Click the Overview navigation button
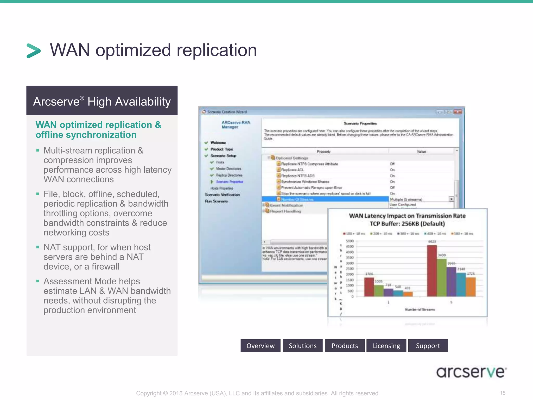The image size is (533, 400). (x=260, y=346)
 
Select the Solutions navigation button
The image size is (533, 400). (x=302, y=346)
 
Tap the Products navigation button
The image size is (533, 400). (x=345, y=346)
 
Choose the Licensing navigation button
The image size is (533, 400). (x=386, y=346)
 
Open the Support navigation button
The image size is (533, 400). (x=428, y=346)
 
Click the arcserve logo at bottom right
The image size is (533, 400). (x=471, y=372)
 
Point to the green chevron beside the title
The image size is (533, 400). (x=34, y=51)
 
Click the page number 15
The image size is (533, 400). (x=503, y=393)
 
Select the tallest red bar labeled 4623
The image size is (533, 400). (x=432, y=271)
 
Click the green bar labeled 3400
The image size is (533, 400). (x=442, y=278)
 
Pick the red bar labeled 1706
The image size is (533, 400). (x=369, y=287)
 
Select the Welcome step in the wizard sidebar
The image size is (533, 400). (x=218, y=143)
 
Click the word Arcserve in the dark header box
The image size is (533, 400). (x=56, y=102)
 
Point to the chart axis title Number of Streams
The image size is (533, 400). (x=420, y=310)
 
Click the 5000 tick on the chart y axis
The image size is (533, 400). (x=350, y=241)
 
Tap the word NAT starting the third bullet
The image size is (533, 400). (x=52, y=247)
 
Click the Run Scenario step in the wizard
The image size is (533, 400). (x=216, y=201)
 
